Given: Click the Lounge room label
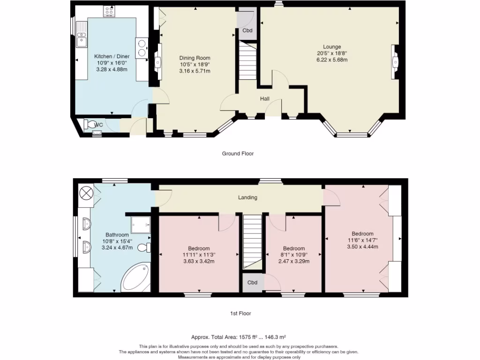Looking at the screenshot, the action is (332, 47).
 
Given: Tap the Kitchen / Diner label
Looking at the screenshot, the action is (112, 56).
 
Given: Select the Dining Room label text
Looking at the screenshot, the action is (195, 58).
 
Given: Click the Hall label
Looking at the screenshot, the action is (265, 98).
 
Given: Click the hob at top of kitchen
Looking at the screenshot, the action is (109, 11).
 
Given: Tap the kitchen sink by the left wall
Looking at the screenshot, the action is (82, 35).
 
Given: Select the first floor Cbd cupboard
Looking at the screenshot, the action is (252, 282).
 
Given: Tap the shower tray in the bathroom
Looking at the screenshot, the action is (141, 225).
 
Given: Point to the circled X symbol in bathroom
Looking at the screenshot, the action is (86, 193).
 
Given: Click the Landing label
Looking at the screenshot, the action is (247, 197).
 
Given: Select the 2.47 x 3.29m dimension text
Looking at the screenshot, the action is (294, 261).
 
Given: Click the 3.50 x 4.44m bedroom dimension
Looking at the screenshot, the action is (362, 247).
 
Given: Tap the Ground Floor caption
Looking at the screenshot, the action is (238, 153).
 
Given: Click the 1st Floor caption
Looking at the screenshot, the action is (240, 313).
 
